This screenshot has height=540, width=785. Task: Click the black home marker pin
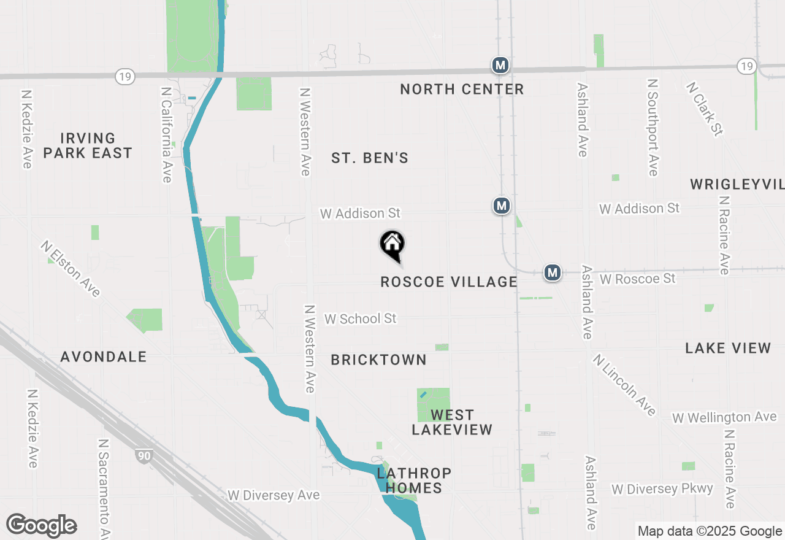[x=392, y=245]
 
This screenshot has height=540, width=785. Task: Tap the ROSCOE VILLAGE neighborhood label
[x=449, y=282]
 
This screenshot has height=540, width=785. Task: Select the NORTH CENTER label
[x=462, y=90]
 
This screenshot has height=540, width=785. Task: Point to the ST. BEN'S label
[x=370, y=158]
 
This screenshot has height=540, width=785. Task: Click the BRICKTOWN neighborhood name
[x=378, y=360]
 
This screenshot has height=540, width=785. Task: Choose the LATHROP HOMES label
[x=414, y=480]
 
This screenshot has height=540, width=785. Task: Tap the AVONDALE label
[x=104, y=357]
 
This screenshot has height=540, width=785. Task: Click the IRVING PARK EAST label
[x=88, y=145]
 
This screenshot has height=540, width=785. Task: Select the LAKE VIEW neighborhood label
[x=728, y=349]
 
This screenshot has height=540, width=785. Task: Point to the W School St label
[x=360, y=318]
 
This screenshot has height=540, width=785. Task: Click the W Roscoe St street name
[x=638, y=279]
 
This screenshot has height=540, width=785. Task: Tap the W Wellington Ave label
[x=724, y=417]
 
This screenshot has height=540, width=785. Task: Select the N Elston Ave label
[x=71, y=268]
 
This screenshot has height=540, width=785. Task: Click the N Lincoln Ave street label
[x=624, y=384]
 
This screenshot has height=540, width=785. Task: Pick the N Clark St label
[x=705, y=109]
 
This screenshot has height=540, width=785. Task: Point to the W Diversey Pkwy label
[x=662, y=489]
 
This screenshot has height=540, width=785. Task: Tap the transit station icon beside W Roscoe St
[x=553, y=272]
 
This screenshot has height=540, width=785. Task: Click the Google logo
[x=41, y=526]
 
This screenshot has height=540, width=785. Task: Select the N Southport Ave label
[x=653, y=127]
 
